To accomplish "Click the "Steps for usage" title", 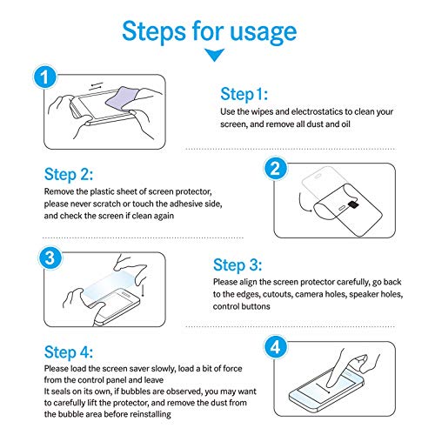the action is [x=210, y=32].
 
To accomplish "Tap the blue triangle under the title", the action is [x=214, y=55].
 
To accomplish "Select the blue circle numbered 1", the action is [x=44, y=77].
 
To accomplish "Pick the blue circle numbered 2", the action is [x=275, y=168].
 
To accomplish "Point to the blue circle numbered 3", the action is [x=50, y=258].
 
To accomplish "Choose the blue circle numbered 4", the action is [x=275, y=347].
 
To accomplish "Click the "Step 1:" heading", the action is [x=244, y=94].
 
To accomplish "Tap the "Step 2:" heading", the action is [x=69, y=175].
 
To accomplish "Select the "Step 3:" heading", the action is [x=238, y=265].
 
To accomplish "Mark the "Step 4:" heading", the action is [x=69, y=352].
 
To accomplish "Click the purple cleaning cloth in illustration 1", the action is [x=123, y=98].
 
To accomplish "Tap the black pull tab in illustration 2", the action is [x=353, y=204].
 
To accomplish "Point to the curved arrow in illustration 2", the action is [x=302, y=203].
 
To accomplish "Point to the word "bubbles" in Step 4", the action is [x=136, y=391].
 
